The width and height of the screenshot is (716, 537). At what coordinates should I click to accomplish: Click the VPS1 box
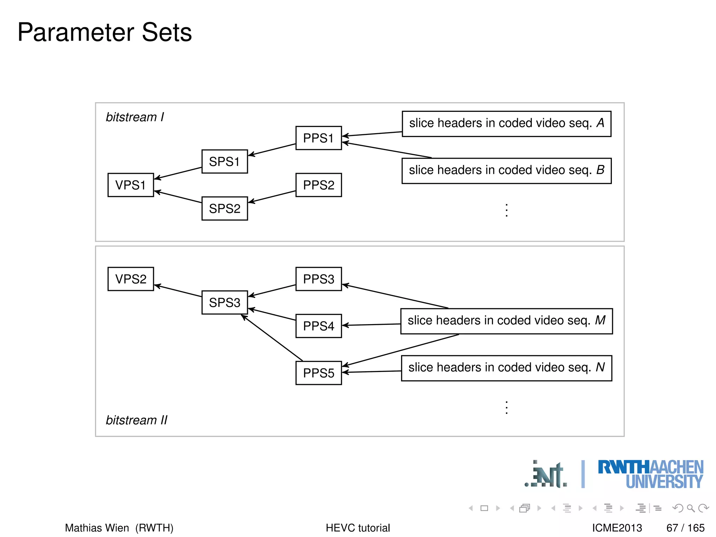click(x=130, y=185)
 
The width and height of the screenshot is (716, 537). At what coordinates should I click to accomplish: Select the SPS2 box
click(x=224, y=208)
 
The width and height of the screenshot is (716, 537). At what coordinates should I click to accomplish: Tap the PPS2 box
click(x=318, y=185)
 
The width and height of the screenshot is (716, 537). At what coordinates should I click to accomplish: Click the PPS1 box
click(x=318, y=138)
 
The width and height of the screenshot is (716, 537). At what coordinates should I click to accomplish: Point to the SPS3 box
click(x=224, y=302)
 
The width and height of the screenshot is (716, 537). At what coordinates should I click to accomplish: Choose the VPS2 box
click(x=130, y=279)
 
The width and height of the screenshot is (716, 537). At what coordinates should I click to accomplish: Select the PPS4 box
click(x=318, y=326)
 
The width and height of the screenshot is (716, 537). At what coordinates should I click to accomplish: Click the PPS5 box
click(x=318, y=373)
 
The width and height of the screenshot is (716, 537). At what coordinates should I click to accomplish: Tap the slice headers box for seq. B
click(x=506, y=171)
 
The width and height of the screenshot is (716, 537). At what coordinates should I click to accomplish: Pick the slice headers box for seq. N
click(x=506, y=368)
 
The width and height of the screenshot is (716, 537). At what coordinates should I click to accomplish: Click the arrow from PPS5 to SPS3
click(x=272, y=338)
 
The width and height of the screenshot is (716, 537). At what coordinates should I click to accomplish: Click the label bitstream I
click(x=135, y=117)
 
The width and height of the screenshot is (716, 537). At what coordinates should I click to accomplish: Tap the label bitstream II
click(x=137, y=420)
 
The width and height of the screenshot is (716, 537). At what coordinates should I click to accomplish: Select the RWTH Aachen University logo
click(x=650, y=474)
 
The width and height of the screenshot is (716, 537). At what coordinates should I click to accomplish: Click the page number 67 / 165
click(x=685, y=528)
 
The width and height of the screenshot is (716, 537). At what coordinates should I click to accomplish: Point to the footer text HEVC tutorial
click(x=358, y=528)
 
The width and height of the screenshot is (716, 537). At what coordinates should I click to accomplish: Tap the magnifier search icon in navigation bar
click(x=690, y=508)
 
